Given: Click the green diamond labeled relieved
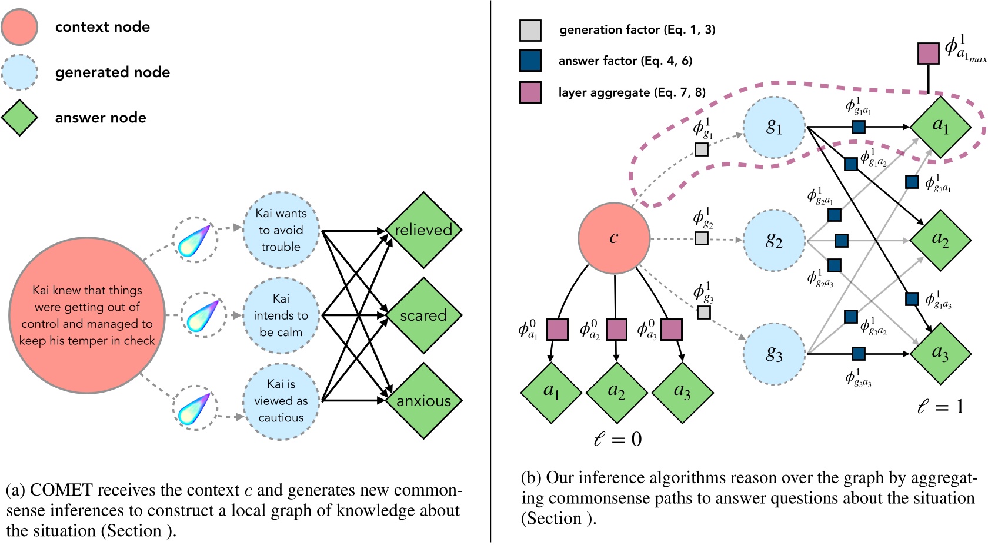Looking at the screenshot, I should click(x=423, y=230).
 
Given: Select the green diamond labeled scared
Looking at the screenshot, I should click(x=423, y=315).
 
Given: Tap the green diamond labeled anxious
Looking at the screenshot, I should click(x=423, y=401).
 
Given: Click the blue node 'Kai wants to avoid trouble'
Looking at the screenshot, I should click(x=281, y=230).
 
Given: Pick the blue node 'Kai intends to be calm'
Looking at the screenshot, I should click(x=281, y=315).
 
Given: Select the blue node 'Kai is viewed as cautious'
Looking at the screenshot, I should click(x=281, y=401).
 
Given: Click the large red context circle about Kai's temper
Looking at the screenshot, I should click(x=87, y=315).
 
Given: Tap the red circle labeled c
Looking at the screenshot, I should click(x=614, y=238).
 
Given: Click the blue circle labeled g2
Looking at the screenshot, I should click(x=774, y=240).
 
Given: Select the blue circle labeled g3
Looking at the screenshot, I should click(x=774, y=354).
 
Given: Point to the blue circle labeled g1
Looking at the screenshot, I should click(x=774, y=127).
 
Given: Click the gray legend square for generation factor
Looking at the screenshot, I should click(x=530, y=31).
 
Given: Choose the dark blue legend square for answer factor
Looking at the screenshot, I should click(x=530, y=61).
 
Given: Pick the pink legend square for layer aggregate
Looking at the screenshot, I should click(x=530, y=92).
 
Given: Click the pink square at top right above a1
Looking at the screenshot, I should click(x=928, y=54).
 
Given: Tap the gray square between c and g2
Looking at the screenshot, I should click(x=701, y=238).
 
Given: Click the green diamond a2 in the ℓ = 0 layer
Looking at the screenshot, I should click(x=616, y=392).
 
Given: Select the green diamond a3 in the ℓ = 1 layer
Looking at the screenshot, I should click(x=940, y=354).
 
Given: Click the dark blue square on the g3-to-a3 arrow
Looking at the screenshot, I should click(x=858, y=354).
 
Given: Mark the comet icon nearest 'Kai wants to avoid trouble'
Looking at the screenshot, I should click(x=195, y=240).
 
